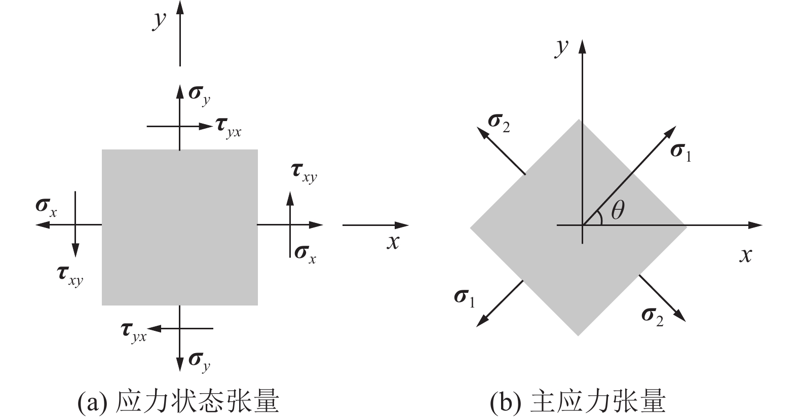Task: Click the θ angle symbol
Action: click(x=617, y=210)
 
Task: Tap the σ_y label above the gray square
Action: click(x=199, y=94)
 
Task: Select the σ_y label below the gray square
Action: click(x=199, y=361)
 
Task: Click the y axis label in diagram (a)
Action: click(x=160, y=21)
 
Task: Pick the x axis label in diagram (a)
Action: click(x=393, y=243)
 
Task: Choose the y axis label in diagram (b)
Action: click(x=561, y=48)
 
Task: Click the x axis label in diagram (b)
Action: click(x=745, y=255)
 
